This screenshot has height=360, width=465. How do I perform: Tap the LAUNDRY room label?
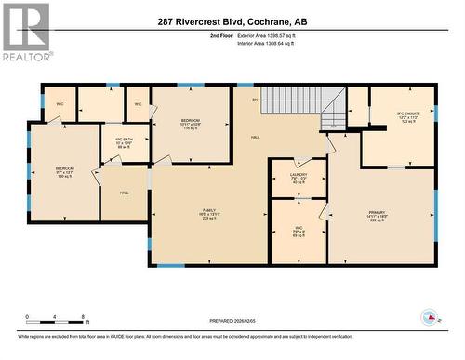click(x=298, y=177)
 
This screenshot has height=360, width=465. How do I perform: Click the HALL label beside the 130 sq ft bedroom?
click(x=124, y=193)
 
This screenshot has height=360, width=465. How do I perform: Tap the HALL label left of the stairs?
click(x=255, y=136)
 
